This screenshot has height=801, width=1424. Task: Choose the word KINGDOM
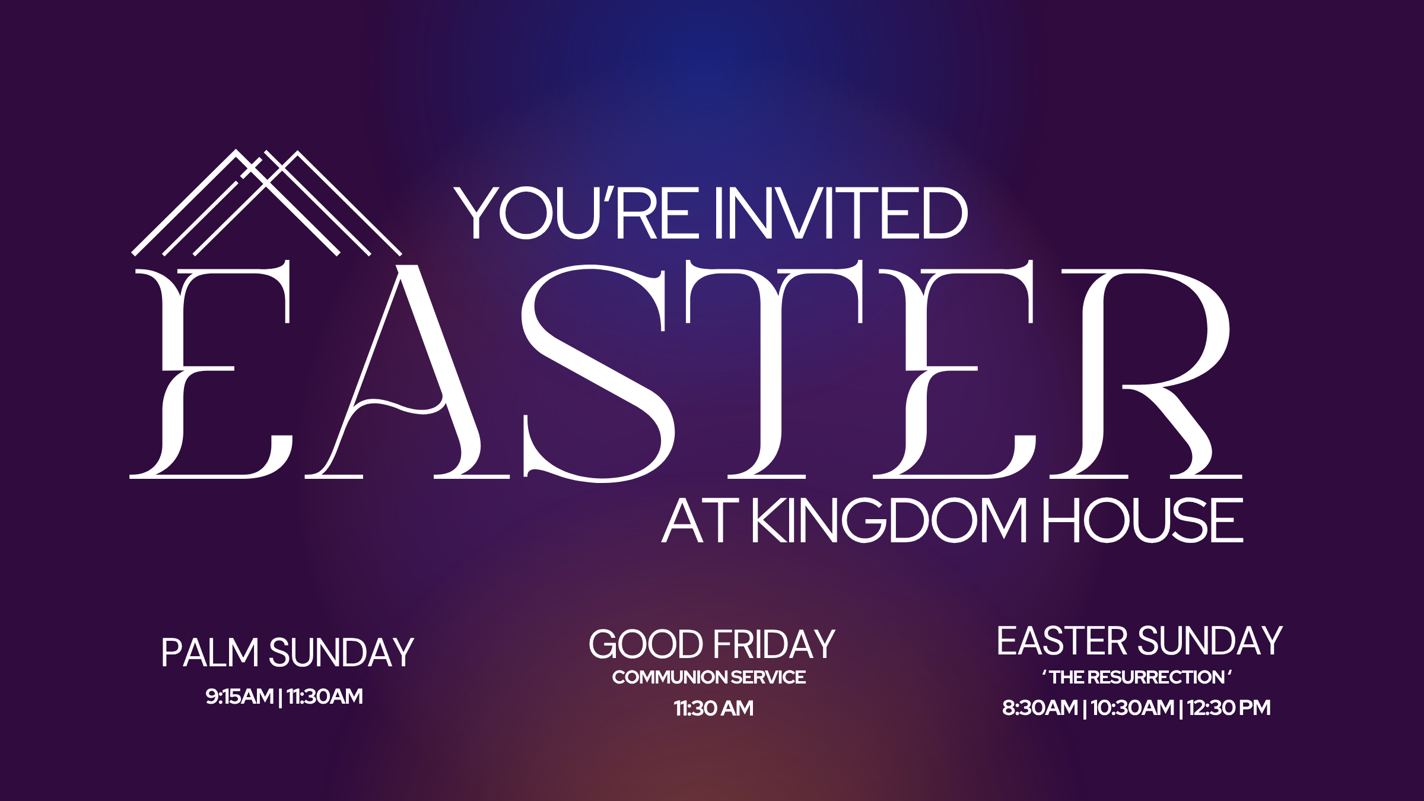pos(889,520)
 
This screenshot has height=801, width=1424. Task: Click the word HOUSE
pos(1143,520)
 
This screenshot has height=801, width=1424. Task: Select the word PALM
pos(210,653)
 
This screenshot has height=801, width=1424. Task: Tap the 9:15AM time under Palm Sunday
pos(239,697)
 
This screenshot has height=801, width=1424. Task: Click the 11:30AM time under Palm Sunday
pos(325,697)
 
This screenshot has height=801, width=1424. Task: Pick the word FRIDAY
pos(774,644)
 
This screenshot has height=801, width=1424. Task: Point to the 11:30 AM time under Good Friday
pos(714,708)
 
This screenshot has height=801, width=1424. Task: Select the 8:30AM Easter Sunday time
pos(1040,708)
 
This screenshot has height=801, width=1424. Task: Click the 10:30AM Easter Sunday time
pos(1132,708)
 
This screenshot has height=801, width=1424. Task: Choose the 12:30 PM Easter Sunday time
pos(1229,708)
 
